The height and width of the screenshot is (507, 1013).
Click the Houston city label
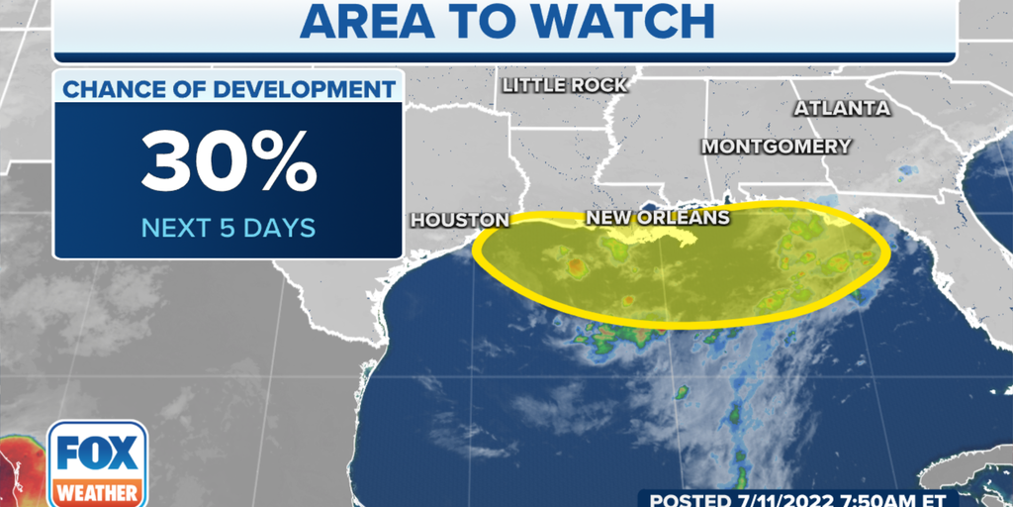(460, 220)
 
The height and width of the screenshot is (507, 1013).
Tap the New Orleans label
(658, 218)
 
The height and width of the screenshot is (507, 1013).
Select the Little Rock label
(565, 85)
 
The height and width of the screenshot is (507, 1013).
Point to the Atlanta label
(842, 108)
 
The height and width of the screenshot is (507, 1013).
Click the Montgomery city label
(777, 147)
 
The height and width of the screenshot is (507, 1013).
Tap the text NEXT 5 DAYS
(229, 228)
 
